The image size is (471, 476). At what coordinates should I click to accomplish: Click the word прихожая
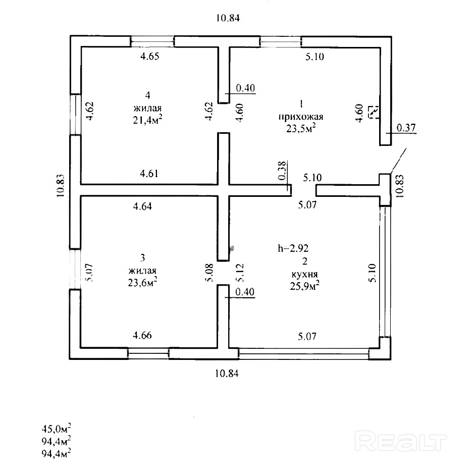300,117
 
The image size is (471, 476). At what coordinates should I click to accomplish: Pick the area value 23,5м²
301,128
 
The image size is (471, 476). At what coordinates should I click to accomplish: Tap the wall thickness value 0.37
406,128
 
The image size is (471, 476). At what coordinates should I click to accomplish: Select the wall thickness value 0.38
282,171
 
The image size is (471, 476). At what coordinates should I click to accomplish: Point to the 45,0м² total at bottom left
56,429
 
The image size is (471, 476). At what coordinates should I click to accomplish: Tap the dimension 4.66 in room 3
142,335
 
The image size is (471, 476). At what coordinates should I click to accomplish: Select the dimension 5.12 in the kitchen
240,273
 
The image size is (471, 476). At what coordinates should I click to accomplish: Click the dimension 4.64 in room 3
143,206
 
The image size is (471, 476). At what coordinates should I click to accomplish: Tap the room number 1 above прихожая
301,104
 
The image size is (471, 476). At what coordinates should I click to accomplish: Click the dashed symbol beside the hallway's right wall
374,111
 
